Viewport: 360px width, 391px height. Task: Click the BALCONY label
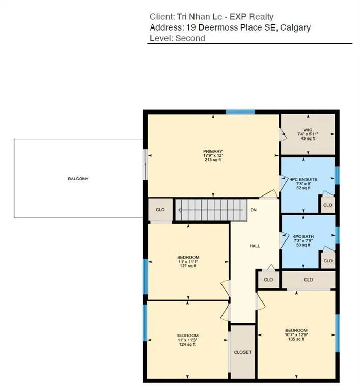pyautogui.click(x=78, y=179)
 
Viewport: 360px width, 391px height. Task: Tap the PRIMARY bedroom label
pyautogui.click(x=213, y=151)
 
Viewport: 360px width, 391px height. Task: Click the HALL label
pyautogui.click(x=254, y=246)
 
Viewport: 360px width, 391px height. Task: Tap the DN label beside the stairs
pyautogui.click(x=253, y=210)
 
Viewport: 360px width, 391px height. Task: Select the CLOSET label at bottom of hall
pyautogui.click(x=242, y=352)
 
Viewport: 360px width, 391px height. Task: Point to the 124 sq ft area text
pyautogui.click(x=187, y=344)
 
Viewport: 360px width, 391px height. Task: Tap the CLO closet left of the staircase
pyautogui.click(x=160, y=210)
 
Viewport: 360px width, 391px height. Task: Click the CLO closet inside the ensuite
pyautogui.click(x=327, y=205)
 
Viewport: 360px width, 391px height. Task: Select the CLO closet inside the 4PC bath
pyautogui.click(x=327, y=260)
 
